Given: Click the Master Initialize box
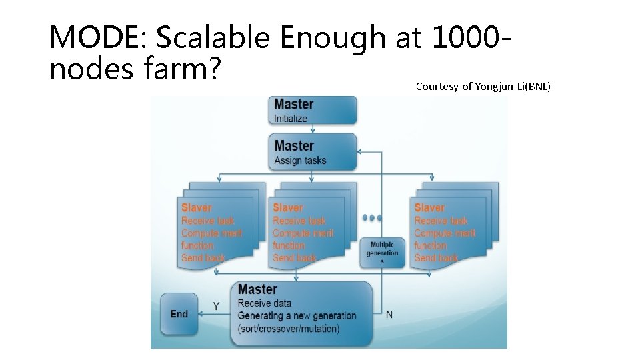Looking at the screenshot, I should pos(314,110).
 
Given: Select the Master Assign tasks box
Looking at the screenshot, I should pos(314,151).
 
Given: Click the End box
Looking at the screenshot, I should pos(179,313).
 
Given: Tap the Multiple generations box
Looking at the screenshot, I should pos(382,253).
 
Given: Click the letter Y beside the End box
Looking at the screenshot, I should pos(216,306).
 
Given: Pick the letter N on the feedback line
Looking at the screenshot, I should pos(389,314).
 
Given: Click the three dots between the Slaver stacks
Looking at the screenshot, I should pos(372,217).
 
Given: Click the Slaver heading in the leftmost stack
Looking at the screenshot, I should pos(196,208).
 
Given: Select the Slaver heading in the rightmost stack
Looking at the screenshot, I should pos(429,208).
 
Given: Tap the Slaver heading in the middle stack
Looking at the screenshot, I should pos(287,208).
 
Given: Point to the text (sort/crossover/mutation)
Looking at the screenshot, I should pos(289,329).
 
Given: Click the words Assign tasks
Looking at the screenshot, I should pos(300,160).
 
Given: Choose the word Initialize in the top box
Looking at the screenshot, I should pos(291,119).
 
